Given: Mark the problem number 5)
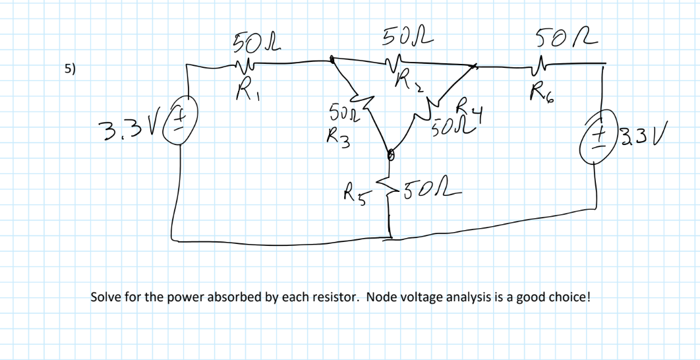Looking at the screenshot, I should coord(69,68).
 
